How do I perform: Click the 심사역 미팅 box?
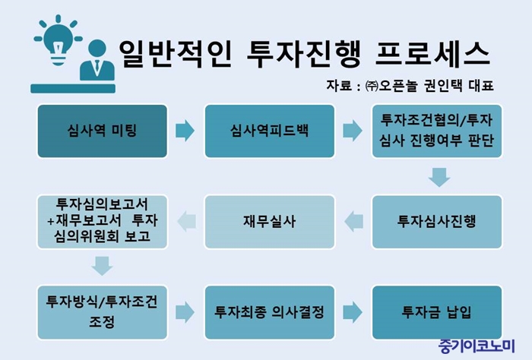coord(102,131)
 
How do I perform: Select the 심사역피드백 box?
coord(269,131)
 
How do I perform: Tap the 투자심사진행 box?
coord(437,222)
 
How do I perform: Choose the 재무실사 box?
coord(269,222)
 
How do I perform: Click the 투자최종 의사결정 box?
coord(269,312)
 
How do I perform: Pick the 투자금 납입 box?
coord(437,312)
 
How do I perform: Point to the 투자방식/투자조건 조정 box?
coord(102,312)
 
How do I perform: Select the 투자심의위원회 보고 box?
coord(102,222)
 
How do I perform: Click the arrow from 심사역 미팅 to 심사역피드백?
coord(185,131)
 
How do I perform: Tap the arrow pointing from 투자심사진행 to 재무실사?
coord(353,222)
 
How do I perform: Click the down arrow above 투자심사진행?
coord(439,177)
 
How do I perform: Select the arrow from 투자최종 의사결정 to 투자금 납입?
coord(353,312)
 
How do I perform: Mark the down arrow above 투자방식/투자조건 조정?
coord(102,266)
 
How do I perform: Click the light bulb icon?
coord(59,40)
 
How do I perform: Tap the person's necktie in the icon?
coord(97,67)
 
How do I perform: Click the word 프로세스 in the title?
coord(433,54)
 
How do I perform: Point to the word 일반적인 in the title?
coord(176,54)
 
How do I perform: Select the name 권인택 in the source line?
coord(443,85)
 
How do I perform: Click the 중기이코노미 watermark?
coord(477,346)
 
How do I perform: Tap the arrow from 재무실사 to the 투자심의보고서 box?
coord(186,222)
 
